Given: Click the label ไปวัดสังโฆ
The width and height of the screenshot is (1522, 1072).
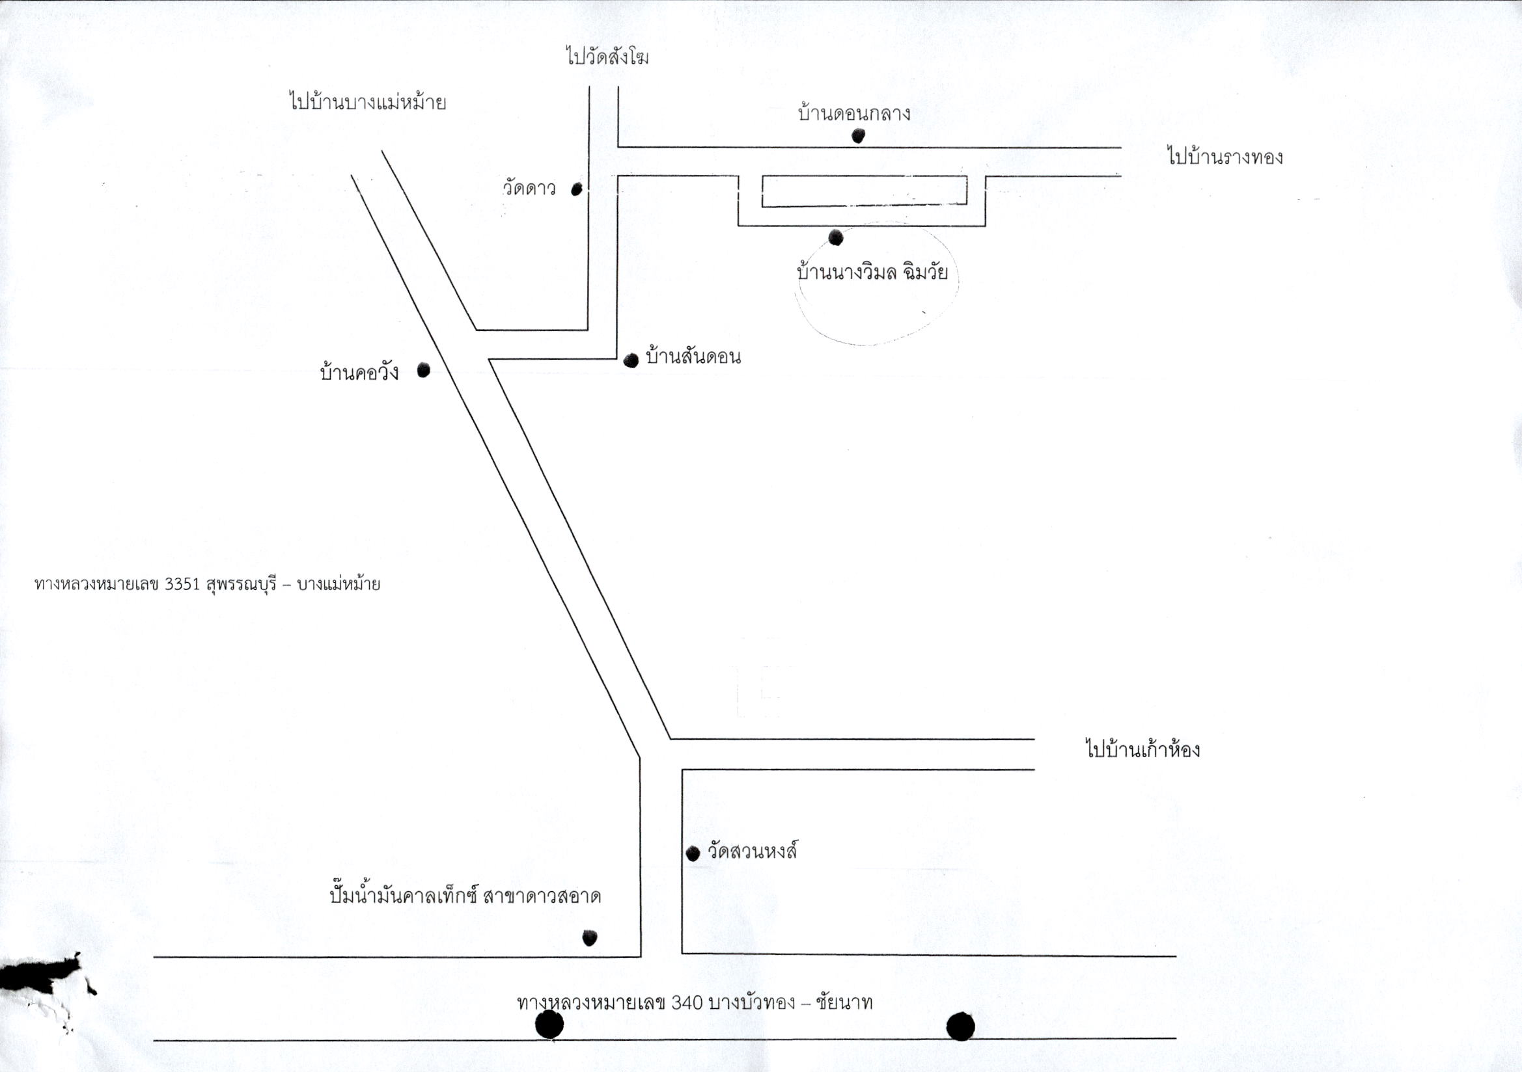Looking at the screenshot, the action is point(607,57).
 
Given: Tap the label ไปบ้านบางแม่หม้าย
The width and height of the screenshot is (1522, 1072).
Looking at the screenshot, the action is point(367,103).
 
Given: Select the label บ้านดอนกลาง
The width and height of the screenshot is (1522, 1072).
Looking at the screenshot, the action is point(854,113).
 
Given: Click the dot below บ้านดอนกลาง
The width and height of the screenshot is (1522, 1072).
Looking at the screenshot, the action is point(859,136).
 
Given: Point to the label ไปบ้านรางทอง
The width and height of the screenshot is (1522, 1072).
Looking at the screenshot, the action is point(1225,157).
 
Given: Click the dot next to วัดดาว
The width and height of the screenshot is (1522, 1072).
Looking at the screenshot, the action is point(577,189).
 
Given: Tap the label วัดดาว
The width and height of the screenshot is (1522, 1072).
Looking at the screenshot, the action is point(529,189).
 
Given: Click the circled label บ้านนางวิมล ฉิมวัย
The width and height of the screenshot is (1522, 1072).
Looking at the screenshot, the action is point(872,273).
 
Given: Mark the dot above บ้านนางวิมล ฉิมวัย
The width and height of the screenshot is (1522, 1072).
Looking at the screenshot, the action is point(836,237).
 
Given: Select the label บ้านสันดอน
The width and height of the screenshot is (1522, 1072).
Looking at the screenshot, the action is point(693,357).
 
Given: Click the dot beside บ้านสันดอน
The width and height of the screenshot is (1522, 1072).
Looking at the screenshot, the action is point(631,360).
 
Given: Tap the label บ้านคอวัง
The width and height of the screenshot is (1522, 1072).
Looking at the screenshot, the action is point(359,372).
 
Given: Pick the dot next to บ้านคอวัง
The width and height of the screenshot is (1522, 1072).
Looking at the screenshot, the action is point(424,370).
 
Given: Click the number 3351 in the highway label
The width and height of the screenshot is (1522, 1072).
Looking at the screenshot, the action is point(181,585).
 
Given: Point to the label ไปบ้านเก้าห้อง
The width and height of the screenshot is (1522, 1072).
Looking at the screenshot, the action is point(1143,750).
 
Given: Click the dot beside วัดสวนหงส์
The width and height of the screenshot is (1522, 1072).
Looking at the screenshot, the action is point(693,853).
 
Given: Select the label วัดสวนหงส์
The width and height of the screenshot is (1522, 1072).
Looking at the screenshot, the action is point(752,851).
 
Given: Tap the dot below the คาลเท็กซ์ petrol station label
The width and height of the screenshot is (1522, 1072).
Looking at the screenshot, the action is point(589,937).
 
